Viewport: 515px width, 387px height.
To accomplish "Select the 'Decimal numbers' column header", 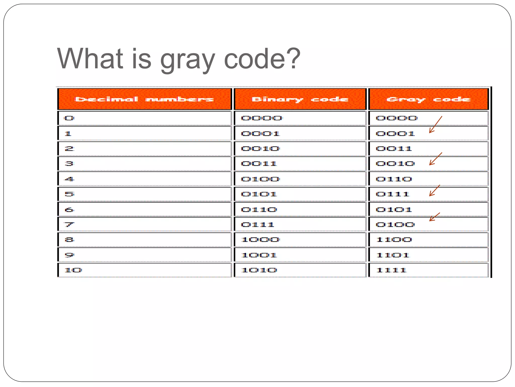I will pos(144,99).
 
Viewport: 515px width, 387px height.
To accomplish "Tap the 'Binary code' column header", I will pos(300,99).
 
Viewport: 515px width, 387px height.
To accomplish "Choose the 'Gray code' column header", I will pos(428,99).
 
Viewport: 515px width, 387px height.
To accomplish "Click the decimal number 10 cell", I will pos(73,270).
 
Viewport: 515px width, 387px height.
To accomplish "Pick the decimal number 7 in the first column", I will pos(69,224).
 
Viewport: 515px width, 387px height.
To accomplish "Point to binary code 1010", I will pos(259,270).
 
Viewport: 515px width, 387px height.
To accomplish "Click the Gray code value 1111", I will pos(391,270).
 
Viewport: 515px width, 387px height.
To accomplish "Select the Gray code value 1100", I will pos(394,240).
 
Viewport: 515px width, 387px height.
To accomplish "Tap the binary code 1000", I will pos(260,240).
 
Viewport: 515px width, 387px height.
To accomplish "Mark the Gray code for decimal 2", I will pos(394,149).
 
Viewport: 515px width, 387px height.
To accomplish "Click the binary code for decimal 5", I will pos(259,194).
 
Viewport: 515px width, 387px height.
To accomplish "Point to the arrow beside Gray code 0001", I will pos(435,125).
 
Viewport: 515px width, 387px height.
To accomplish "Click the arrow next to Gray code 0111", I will pos(435,190).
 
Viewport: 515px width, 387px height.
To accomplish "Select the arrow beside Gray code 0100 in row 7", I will pos(435,217).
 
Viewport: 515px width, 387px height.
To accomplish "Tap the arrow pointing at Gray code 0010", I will pos(435,159).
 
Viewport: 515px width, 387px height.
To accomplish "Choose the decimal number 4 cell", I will pos(69,179).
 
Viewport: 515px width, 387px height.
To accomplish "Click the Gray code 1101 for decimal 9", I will pos(393,255).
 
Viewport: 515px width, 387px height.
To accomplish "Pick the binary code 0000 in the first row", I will pos(262,118).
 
